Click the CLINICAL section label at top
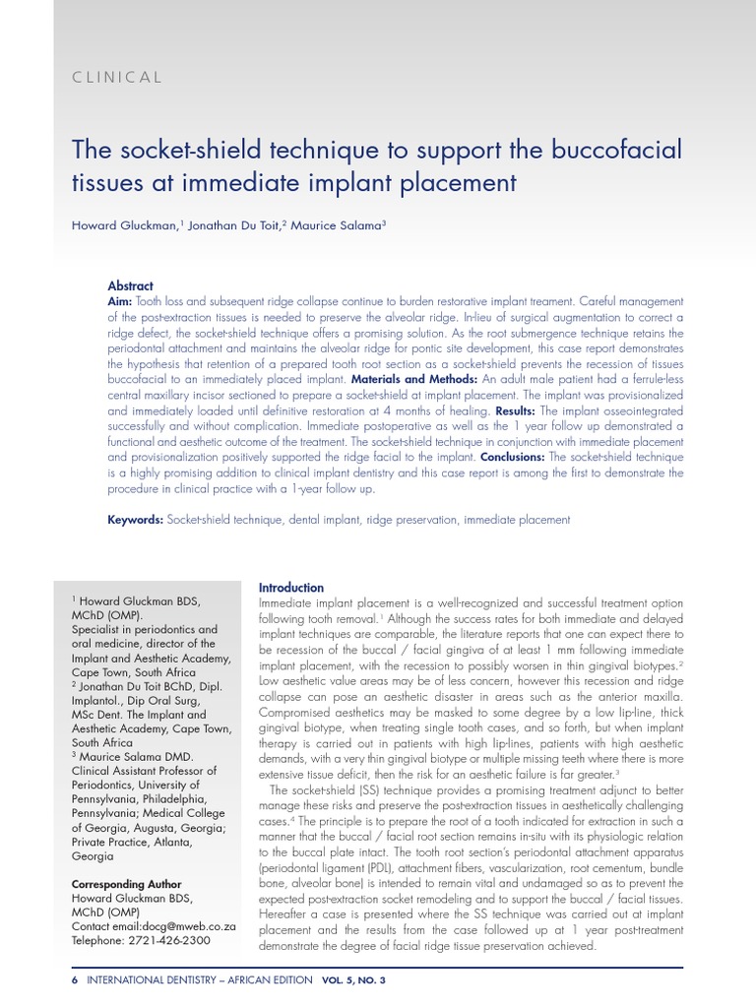click(117, 78)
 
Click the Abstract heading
click(130, 285)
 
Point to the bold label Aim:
click(121, 300)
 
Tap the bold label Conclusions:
click(512, 459)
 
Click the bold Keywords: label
click(136, 519)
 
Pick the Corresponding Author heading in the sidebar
click(126, 885)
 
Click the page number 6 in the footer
click(76, 981)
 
